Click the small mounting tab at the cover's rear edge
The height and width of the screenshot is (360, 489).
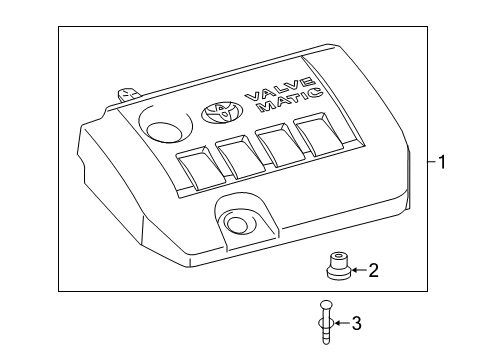(125, 94)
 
